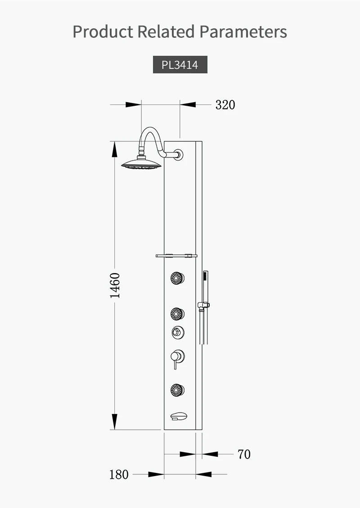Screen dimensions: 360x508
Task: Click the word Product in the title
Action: click(x=103, y=32)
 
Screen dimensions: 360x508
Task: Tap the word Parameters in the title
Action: click(x=243, y=32)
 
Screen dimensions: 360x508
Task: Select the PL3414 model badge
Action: click(x=180, y=65)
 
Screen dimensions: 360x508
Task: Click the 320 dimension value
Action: click(x=225, y=105)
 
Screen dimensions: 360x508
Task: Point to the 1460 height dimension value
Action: click(x=115, y=285)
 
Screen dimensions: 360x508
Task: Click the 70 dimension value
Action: click(x=244, y=454)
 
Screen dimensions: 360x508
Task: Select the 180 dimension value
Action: click(x=119, y=475)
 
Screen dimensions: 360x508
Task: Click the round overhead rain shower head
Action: click(x=141, y=164)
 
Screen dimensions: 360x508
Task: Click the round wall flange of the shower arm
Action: click(x=178, y=154)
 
